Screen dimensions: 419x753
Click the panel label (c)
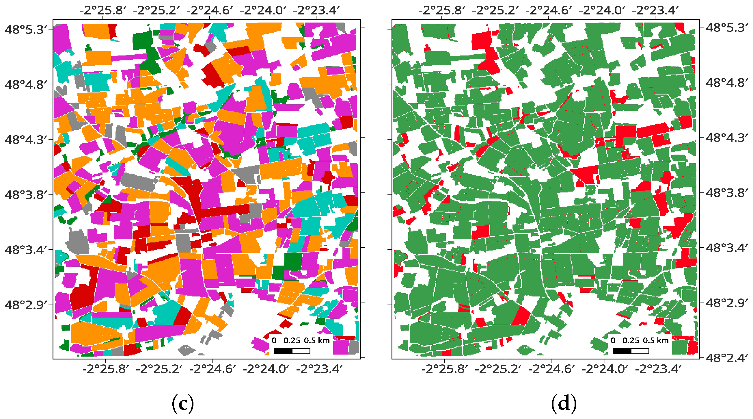(x=183, y=403)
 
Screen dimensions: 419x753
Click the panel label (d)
(x=564, y=403)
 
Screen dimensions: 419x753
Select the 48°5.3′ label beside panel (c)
(x=26, y=29)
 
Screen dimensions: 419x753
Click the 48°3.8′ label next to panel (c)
(x=26, y=194)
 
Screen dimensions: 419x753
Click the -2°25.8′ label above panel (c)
(x=103, y=11)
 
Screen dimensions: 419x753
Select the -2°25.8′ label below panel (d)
(x=445, y=369)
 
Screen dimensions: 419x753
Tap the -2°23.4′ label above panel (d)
(x=655, y=11)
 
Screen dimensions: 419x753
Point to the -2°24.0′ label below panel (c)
(x=266, y=369)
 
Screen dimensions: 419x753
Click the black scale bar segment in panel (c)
(x=283, y=351)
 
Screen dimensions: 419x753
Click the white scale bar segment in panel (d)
(x=640, y=351)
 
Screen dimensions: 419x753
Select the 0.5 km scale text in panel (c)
(x=317, y=341)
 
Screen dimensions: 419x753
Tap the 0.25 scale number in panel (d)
(x=631, y=341)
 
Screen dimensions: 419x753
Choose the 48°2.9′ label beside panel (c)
(x=26, y=305)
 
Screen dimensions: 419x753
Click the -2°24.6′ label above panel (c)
(x=210, y=11)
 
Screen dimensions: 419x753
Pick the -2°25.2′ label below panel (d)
(x=498, y=369)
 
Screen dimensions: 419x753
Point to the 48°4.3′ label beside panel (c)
(x=26, y=140)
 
